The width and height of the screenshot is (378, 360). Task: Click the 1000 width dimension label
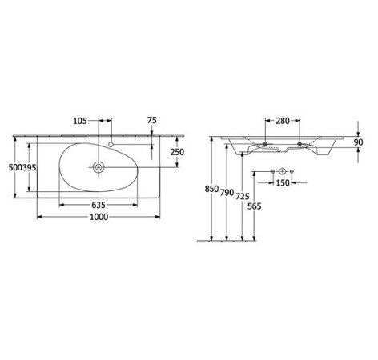[x=99, y=217]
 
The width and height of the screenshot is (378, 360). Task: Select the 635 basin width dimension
[x=99, y=205]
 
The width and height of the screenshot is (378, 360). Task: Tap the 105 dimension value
[x=80, y=121]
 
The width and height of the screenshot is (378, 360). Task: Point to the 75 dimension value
[x=152, y=120]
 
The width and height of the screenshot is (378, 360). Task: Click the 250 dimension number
[x=177, y=152]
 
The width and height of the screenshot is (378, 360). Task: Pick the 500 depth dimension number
[x=15, y=168]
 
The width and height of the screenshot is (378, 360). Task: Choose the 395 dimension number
[x=29, y=168]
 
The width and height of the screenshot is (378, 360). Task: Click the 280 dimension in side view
[x=283, y=121]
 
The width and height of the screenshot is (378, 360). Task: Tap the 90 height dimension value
[x=359, y=142]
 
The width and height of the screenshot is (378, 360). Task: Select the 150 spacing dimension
[x=283, y=183]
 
